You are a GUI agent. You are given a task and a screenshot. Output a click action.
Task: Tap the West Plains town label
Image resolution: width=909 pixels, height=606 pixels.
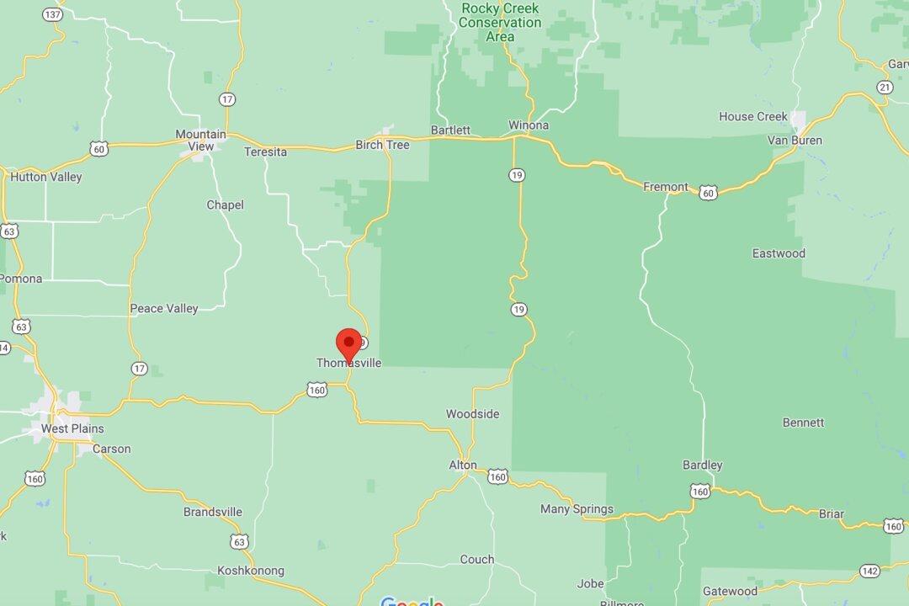point(73,428)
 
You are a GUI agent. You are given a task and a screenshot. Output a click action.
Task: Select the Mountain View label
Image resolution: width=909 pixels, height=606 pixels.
point(200,140)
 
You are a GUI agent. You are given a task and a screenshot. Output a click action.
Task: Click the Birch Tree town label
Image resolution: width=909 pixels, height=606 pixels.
point(382,145)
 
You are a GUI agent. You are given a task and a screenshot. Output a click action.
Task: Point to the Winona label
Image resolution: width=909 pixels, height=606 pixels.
point(529,125)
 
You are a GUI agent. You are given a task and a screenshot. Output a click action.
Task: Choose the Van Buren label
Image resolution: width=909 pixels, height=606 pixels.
point(795,140)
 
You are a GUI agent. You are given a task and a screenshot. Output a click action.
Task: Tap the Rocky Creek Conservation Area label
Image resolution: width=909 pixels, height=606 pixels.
point(500,23)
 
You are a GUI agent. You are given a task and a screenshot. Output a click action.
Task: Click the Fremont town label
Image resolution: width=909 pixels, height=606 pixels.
point(665,187)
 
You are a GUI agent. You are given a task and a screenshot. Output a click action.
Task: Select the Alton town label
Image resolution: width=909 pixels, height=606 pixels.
point(463,465)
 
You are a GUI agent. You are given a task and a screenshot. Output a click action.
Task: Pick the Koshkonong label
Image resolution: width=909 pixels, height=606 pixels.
point(251,571)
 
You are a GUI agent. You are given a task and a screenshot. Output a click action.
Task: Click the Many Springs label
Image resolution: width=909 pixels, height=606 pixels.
point(577,509)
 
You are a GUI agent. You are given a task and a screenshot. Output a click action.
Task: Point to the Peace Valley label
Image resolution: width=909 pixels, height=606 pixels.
point(164,309)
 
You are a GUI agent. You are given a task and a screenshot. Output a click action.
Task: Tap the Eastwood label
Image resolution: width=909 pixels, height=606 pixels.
point(779,253)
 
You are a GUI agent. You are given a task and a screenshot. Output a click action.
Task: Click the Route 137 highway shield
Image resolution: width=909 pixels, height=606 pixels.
point(52,15)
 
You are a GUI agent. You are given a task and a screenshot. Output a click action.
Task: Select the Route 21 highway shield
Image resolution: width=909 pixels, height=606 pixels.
point(884,88)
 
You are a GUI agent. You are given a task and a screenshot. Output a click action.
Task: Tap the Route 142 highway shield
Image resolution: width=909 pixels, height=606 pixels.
point(870,571)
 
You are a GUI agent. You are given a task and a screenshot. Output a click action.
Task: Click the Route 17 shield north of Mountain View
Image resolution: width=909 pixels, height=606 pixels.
point(227,99)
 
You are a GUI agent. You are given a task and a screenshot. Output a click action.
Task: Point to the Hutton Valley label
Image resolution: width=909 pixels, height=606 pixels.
point(46,177)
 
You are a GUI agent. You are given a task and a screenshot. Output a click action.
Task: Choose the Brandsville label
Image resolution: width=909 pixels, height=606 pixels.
point(213,512)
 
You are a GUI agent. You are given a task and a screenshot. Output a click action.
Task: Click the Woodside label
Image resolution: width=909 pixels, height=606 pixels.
point(472,414)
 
